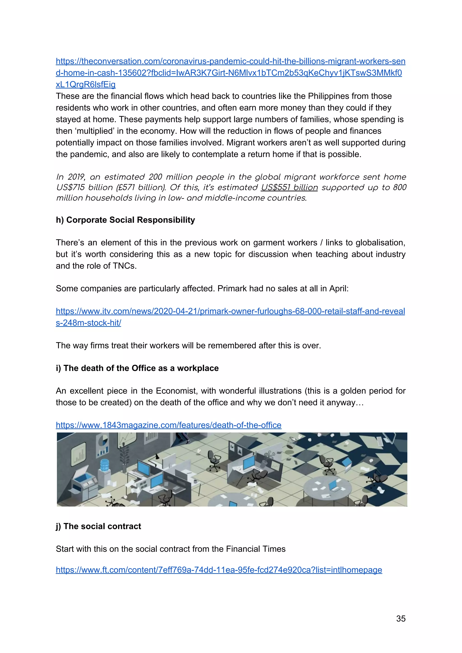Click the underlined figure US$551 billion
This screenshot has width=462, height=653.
coord(289,187)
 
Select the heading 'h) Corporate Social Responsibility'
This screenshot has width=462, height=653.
coord(125,220)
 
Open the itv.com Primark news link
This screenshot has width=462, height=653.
coord(230,311)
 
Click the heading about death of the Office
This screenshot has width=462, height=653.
coord(137,368)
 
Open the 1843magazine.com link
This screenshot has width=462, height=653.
coord(169,425)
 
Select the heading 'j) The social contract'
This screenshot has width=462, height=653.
coord(99,526)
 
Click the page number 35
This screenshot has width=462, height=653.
coord(400,619)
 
